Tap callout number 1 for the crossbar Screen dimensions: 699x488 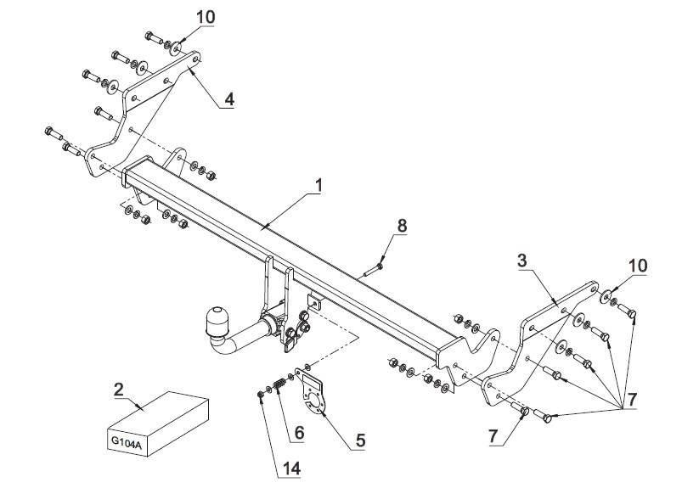318,185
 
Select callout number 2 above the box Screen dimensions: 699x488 119,390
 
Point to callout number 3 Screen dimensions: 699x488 522,260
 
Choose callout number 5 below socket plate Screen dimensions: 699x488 360,440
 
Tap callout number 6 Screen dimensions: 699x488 299,432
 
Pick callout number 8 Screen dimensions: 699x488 402,226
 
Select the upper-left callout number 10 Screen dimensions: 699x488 206,17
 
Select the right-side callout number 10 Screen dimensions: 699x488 638,266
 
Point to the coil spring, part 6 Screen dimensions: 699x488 279,384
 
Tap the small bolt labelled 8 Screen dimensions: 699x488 374,270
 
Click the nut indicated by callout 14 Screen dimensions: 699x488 261,394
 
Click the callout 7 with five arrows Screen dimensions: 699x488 632,399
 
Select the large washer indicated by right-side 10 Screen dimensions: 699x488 605,296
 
